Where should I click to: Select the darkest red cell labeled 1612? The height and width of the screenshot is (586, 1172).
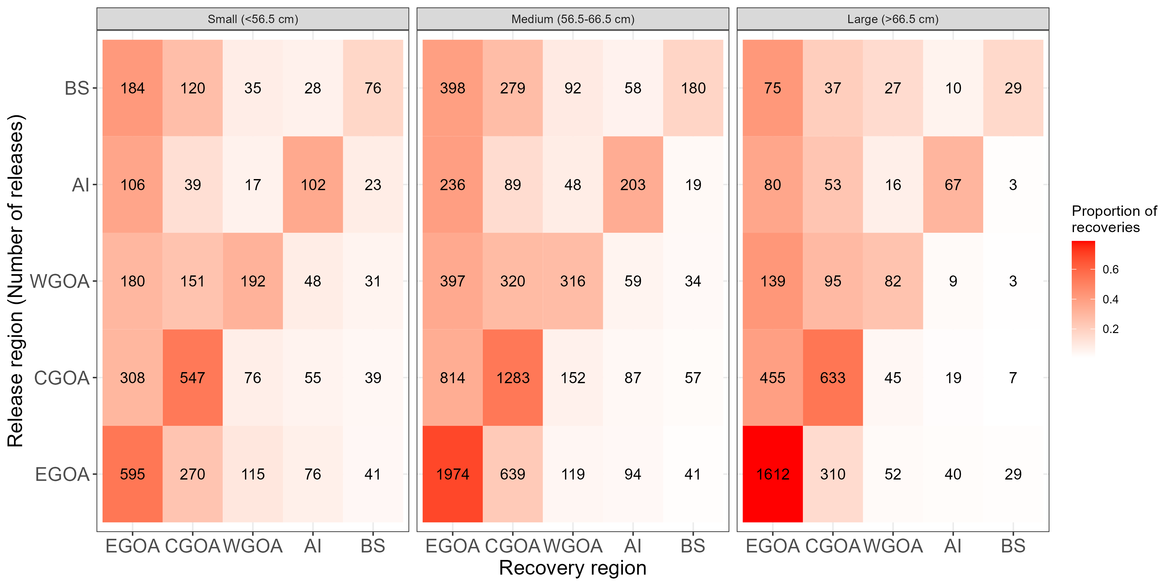point(773,474)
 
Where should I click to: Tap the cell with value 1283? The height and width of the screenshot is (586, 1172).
point(513,378)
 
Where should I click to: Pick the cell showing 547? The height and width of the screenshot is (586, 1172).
point(192,378)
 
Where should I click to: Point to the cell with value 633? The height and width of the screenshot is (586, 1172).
point(832,378)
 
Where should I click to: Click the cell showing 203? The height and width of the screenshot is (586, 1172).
point(633,185)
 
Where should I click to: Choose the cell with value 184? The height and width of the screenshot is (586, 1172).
point(133,88)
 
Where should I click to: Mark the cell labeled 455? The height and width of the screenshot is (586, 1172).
point(773,378)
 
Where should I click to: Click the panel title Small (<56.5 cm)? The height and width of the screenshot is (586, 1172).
point(253,19)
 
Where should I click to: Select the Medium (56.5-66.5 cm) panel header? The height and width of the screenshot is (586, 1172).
point(573,19)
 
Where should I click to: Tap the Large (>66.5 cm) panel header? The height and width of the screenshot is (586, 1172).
point(893,19)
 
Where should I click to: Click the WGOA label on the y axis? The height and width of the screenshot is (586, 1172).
point(60,281)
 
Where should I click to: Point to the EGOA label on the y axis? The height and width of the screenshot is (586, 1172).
point(62,474)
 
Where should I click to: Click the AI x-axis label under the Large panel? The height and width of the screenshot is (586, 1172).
point(953,546)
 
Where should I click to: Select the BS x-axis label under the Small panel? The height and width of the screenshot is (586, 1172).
point(373,546)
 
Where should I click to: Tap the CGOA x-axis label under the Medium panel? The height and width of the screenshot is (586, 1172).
point(513,546)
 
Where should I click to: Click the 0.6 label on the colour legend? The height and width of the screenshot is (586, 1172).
point(1110,269)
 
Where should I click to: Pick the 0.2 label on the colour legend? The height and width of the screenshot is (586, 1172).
point(1110,329)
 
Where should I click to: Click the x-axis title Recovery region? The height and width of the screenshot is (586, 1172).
point(572,568)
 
